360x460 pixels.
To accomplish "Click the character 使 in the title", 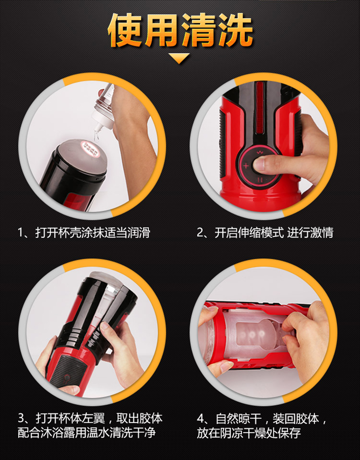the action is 126,30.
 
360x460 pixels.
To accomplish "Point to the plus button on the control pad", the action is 246,166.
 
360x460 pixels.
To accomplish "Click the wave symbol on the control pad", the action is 260,152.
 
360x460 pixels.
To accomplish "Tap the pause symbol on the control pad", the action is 260,180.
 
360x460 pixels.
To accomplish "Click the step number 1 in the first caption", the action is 20,233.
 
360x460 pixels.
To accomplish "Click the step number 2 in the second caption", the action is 200,233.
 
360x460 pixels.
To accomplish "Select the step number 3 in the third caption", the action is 21,418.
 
